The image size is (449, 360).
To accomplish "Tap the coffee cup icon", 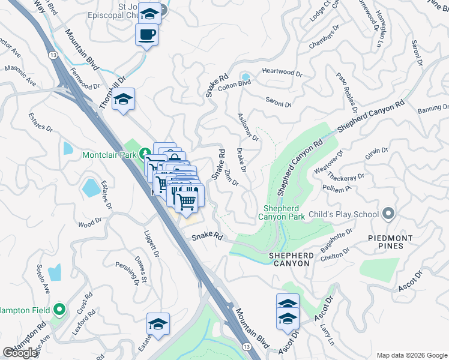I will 146,34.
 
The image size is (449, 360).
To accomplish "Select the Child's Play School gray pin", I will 388,214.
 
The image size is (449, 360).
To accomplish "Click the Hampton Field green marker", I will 59,310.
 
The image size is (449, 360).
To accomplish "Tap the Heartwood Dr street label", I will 282,72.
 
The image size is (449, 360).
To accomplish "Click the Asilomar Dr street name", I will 247,127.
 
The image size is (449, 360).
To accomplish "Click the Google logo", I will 20,353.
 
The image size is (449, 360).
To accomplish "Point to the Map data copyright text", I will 411,355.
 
